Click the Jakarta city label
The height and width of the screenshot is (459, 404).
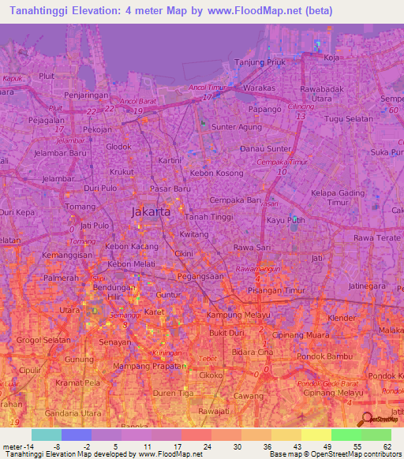pos(148,211)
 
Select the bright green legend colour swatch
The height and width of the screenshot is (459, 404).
pos(346,435)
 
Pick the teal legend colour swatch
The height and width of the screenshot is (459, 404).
pos(46,435)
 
